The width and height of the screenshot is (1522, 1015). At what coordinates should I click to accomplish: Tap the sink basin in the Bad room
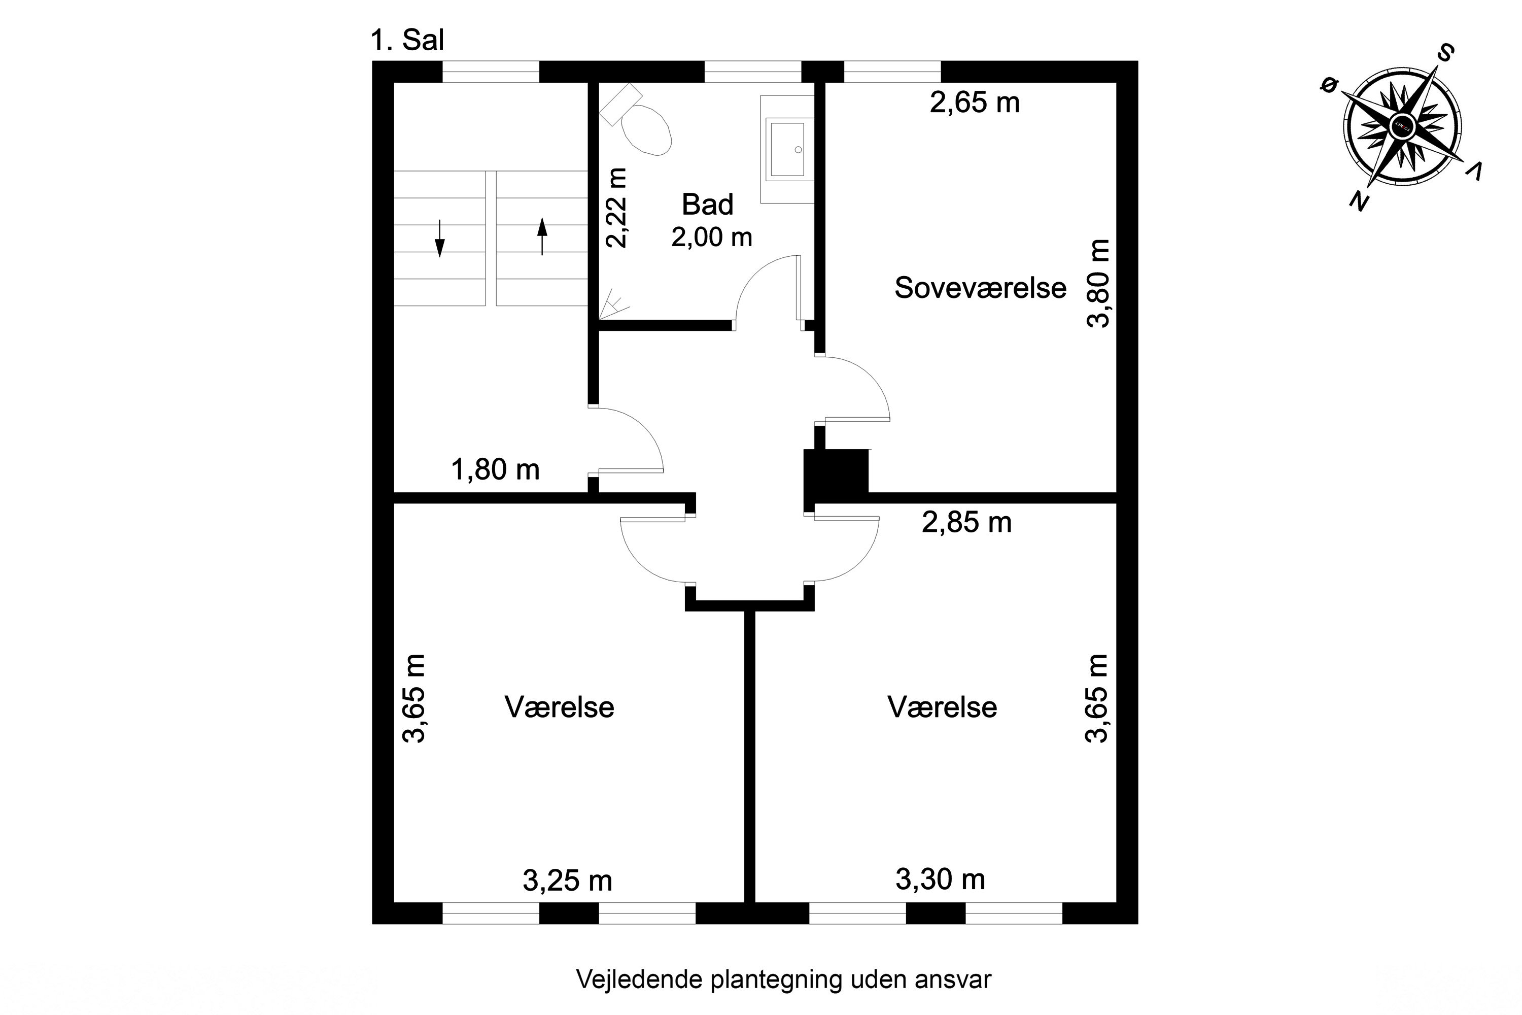pyautogui.click(x=787, y=148)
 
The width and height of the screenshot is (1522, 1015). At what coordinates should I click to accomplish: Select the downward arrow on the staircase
pyautogui.click(x=439, y=238)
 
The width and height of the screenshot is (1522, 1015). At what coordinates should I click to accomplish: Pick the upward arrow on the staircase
pyautogui.click(x=542, y=236)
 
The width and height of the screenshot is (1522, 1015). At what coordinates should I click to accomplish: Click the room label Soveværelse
pyautogui.click(x=980, y=288)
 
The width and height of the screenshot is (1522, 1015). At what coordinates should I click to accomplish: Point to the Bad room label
pyautogui.click(x=707, y=205)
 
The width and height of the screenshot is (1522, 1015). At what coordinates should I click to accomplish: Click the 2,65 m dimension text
pyautogui.click(x=975, y=103)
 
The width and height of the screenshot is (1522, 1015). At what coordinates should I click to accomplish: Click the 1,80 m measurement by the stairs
pyautogui.click(x=495, y=469)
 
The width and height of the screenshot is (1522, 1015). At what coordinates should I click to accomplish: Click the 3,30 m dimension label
pyautogui.click(x=940, y=879)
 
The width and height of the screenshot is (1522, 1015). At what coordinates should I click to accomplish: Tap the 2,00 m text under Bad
pyautogui.click(x=712, y=238)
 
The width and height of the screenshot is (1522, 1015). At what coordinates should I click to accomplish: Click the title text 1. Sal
pyautogui.click(x=407, y=40)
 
